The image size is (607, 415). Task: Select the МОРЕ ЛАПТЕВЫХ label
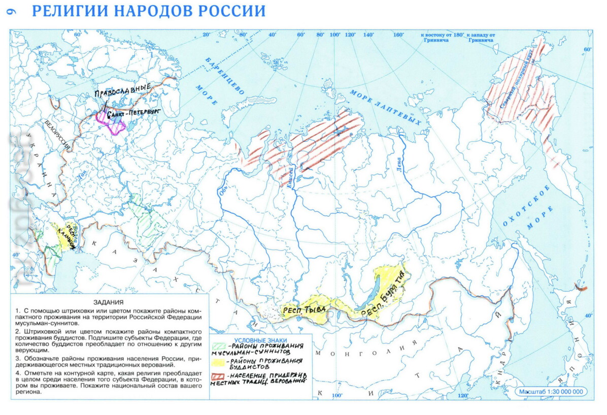386,107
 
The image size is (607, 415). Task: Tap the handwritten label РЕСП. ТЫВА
303,308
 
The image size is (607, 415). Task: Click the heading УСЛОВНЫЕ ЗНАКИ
260,340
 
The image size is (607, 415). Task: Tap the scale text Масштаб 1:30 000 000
551,392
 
